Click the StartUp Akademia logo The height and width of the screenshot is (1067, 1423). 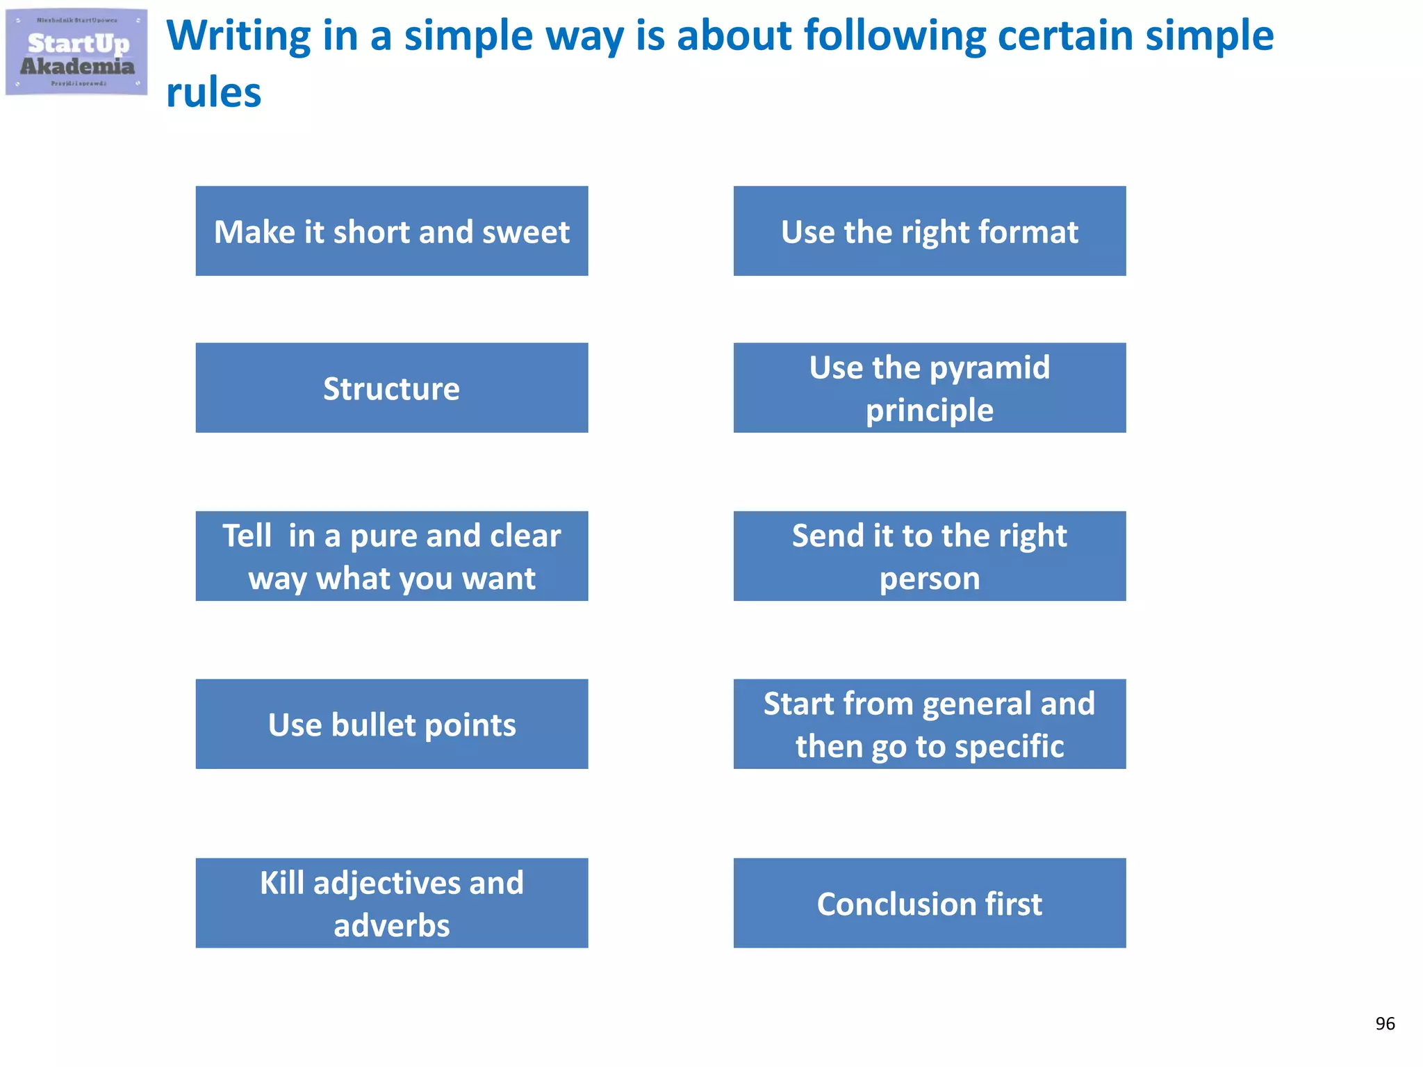click(x=76, y=52)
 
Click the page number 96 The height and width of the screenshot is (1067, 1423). click(x=1385, y=1023)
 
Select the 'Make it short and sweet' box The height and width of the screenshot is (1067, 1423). click(x=392, y=231)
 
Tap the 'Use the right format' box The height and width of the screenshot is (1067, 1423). click(x=930, y=231)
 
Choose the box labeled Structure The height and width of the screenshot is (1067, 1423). click(x=392, y=388)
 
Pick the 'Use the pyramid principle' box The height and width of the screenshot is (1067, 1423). click(x=930, y=388)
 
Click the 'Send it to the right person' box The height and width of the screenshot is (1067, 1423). click(x=930, y=556)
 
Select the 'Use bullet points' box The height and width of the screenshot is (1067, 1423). click(x=392, y=725)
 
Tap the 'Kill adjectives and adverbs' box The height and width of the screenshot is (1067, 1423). click(x=392, y=903)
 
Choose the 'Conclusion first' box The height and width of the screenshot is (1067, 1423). click(x=930, y=903)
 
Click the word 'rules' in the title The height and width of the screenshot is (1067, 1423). click(x=213, y=93)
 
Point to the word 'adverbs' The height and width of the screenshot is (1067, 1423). click(x=392, y=926)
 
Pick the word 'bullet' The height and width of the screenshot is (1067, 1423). click(x=373, y=725)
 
